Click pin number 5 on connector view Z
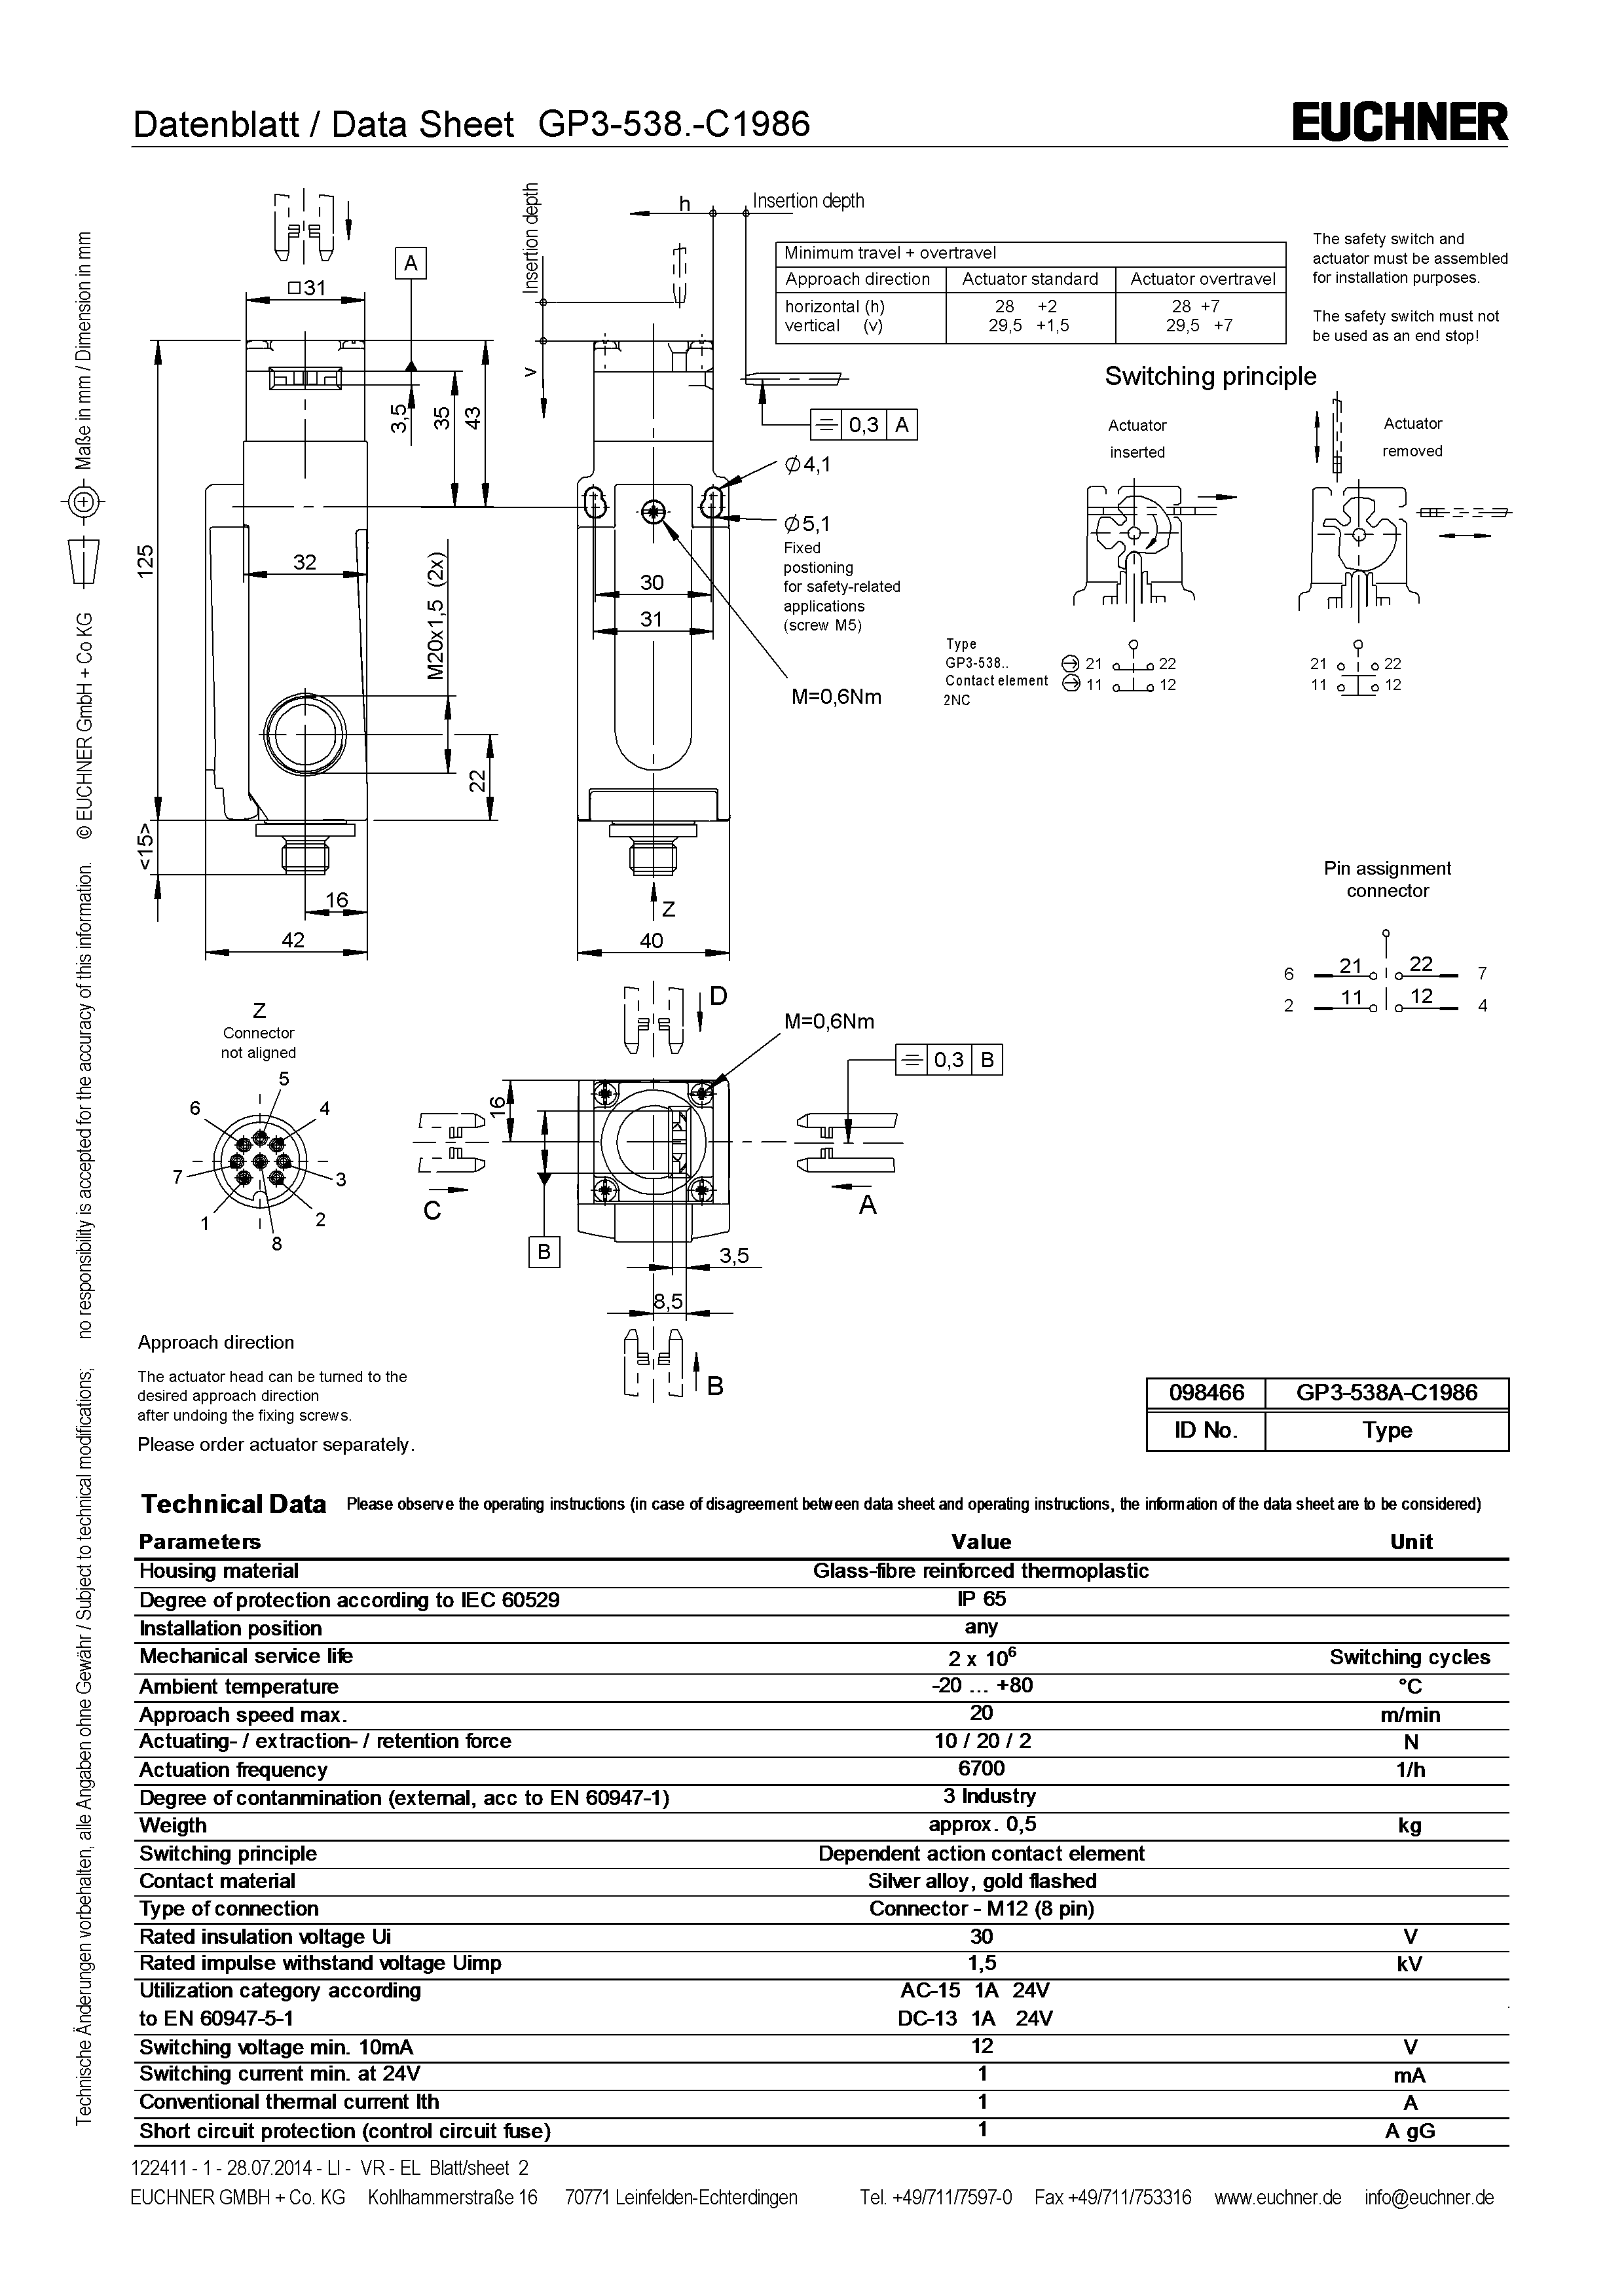[284, 1078]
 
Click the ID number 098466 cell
[1206, 1393]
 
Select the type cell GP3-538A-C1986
[1386, 1393]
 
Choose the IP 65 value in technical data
[981, 1598]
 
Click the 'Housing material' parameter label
[219, 1571]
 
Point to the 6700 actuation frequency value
[981, 1768]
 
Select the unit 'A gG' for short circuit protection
[1409, 2131]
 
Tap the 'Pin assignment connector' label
[1386, 879]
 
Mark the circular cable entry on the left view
[304, 734]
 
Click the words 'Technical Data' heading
[233, 1504]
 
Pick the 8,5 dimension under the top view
[667, 1301]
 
